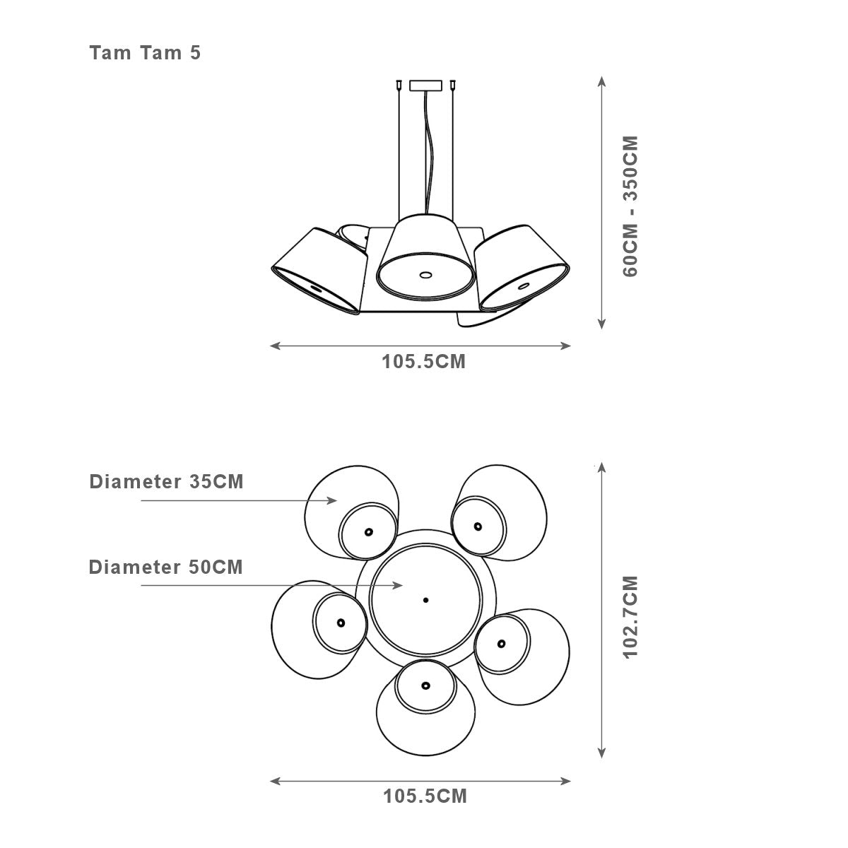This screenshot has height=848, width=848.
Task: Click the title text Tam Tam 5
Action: pyautogui.click(x=146, y=53)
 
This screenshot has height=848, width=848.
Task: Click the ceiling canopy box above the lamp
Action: pyautogui.click(x=425, y=86)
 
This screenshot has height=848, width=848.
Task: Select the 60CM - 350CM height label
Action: pyautogui.click(x=630, y=206)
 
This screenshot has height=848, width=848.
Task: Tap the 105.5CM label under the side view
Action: pyautogui.click(x=424, y=362)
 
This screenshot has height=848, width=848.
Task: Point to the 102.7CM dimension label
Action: pyautogui.click(x=630, y=617)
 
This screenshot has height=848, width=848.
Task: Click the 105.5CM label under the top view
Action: pyautogui.click(x=425, y=796)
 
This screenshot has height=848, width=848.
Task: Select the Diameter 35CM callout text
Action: pyautogui.click(x=166, y=482)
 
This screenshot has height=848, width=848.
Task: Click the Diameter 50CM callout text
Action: pyautogui.click(x=166, y=567)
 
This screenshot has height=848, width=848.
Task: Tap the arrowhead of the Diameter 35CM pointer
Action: pyautogui.click(x=332, y=500)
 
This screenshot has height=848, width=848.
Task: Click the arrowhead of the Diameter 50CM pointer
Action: pyautogui.click(x=398, y=585)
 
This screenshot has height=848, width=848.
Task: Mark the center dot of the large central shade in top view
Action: pyautogui.click(x=425, y=600)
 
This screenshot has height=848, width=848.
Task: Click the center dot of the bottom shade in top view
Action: pyautogui.click(x=425, y=685)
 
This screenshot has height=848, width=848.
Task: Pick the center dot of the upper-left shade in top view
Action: pyautogui.click(x=369, y=531)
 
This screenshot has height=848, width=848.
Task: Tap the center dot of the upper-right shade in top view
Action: pyautogui.click(x=478, y=526)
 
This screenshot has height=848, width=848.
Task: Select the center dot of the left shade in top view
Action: pyautogui.click(x=341, y=623)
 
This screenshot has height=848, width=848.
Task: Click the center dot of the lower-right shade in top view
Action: pyautogui.click(x=501, y=644)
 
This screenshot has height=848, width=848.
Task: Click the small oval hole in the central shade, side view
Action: pyautogui.click(x=425, y=275)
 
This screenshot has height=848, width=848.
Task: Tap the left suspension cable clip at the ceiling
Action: pyautogui.click(x=399, y=85)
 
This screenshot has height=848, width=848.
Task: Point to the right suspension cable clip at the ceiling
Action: pyautogui.click(x=452, y=85)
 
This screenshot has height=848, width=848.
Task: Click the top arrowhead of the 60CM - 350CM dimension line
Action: pyautogui.click(x=602, y=81)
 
